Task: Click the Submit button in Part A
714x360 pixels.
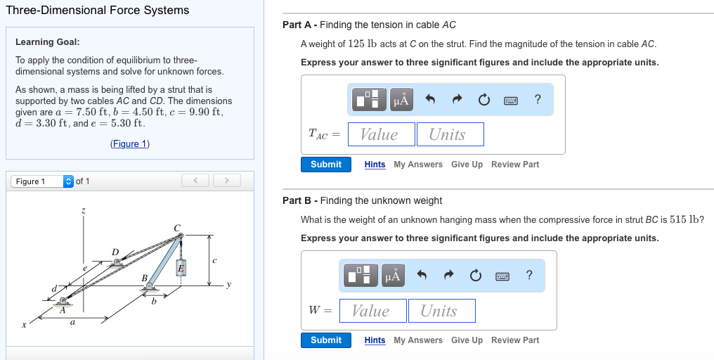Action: pyautogui.click(x=326, y=165)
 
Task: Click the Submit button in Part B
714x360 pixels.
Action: pyautogui.click(x=326, y=340)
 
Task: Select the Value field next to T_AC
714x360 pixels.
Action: pyautogui.click(x=379, y=134)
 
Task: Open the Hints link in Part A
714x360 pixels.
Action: pyautogui.click(x=375, y=165)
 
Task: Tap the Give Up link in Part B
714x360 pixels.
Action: pyautogui.click(x=467, y=340)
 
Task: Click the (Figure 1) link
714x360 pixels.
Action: pyautogui.click(x=130, y=144)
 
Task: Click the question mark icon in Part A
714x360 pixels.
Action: pyautogui.click(x=538, y=100)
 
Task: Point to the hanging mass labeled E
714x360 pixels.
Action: pyautogui.click(x=181, y=268)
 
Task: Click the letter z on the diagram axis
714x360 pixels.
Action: pyautogui.click(x=83, y=210)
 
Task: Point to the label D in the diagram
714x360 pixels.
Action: pyautogui.click(x=115, y=251)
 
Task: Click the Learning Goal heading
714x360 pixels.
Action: pyautogui.click(x=48, y=42)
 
